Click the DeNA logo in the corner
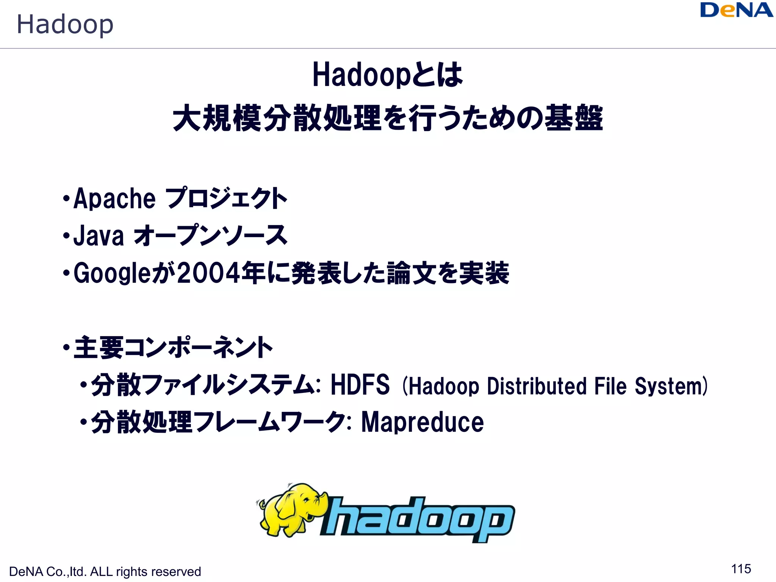coord(736,10)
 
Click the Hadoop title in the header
coord(65,24)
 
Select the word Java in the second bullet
coord(99,236)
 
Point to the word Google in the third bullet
coord(112,273)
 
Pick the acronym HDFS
coord(360,385)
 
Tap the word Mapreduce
coord(422,422)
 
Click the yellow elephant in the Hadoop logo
coord(292,510)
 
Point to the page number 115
coord(741,569)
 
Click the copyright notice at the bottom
coord(105,571)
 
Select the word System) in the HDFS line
coord(671,386)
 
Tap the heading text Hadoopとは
coord(387,75)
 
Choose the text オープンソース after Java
coord(211,236)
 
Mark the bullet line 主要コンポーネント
coord(172,347)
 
